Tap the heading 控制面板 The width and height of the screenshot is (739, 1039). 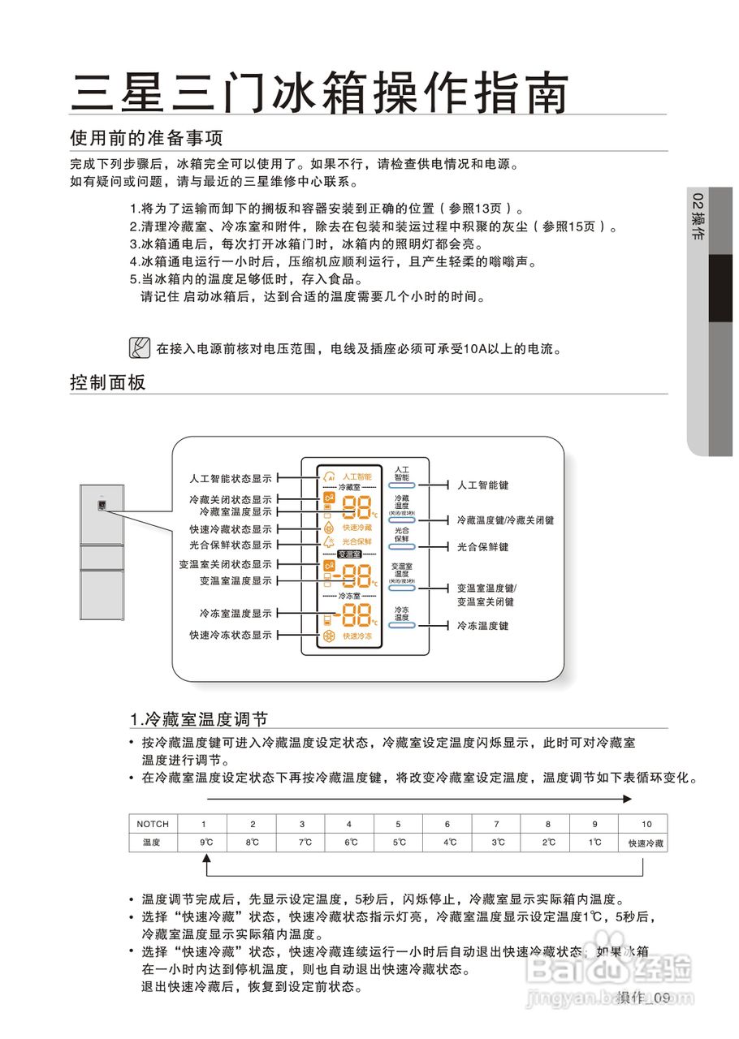(108, 382)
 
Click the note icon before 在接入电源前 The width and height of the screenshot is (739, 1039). (140, 348)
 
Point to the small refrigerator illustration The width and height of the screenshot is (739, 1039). (102, 551)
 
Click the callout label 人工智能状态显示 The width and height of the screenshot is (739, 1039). (231, 478)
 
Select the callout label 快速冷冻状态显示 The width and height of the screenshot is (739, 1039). (231, 635)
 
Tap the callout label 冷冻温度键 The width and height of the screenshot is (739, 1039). (482, 626)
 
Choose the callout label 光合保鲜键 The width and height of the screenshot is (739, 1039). (482, 547)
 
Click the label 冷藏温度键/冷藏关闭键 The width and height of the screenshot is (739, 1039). (505, 519)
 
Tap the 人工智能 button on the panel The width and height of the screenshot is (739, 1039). (402, 480)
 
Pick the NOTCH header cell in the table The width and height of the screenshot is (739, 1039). (153, 824)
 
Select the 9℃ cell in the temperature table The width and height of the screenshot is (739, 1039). (206, 843)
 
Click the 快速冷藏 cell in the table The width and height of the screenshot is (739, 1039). (646, 843)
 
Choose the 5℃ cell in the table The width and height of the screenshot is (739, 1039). (400, 843)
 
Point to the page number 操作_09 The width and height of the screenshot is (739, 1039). (642, 998)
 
